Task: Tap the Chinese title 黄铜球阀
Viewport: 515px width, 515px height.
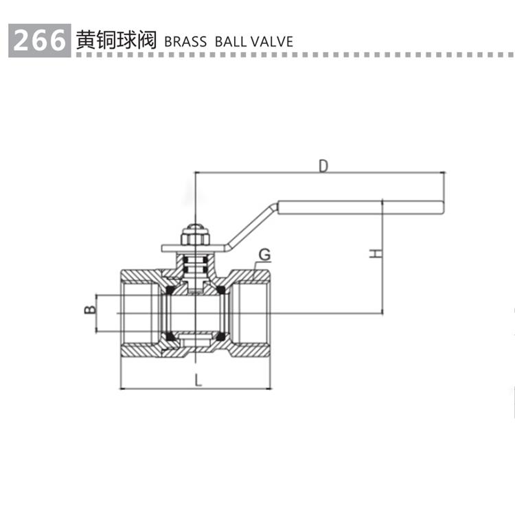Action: click(117, 40)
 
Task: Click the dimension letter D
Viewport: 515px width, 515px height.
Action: click(323, 165)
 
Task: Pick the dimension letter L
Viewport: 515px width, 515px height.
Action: click(197, 380)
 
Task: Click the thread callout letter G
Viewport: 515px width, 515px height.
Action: click(264, 255)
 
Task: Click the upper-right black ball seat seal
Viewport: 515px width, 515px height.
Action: click(222, 291)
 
